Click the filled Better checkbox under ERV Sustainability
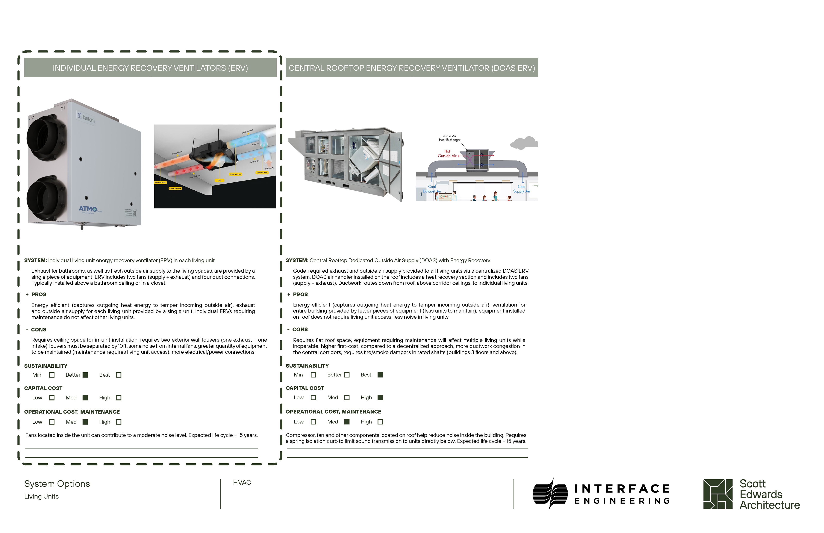pos(85,375)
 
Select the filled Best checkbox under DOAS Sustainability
pos(380,375)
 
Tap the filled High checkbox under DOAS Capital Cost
pos(380,398)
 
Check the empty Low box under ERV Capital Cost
pos(52,398)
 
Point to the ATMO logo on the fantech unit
pos(88,209)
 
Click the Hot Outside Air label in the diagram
pos(447,154)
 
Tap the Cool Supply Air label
pos(521,189)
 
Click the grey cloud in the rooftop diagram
pos(524,143)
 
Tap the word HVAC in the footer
pos(242,482)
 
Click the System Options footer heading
pos(57,484)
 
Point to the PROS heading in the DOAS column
pos(300,294)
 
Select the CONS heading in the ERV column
pos(38,329)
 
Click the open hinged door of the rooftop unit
pos(391,166)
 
